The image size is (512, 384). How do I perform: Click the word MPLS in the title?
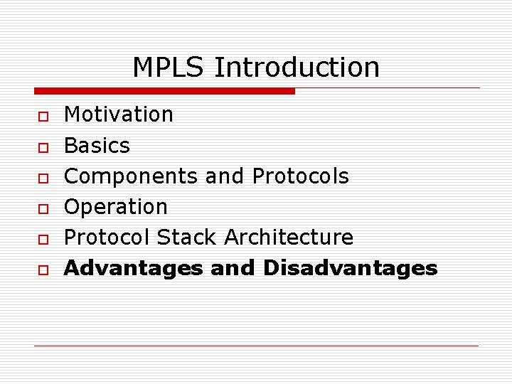click(x=169, y=68)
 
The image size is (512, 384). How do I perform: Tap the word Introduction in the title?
click(x=297, y=68)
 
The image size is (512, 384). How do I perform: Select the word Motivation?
click(x=119, y=114)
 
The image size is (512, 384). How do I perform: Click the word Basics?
click(x=97, y=146)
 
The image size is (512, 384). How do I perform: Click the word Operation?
click(x=116, y=207)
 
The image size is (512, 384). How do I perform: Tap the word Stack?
click(x=188, y=238)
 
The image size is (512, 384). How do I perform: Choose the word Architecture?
click(x=289, y=238)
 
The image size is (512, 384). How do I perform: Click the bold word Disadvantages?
click(x=350, y=268)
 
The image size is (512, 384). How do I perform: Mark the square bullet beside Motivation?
click(x=43, y=116)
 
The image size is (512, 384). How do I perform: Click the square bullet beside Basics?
click(x=43, y=147)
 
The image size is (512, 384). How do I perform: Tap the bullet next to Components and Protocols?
click(x=43, y=178)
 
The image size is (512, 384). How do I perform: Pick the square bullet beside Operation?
click(x=43, y=208)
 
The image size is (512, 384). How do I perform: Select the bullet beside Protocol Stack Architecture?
click(x=43, y=239)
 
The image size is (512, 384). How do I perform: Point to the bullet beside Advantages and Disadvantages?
click(x=43, y=270)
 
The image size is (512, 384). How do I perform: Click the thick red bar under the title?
click(x=164, y=91)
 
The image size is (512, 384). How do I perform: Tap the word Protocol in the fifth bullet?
click(x=107, y=238)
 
